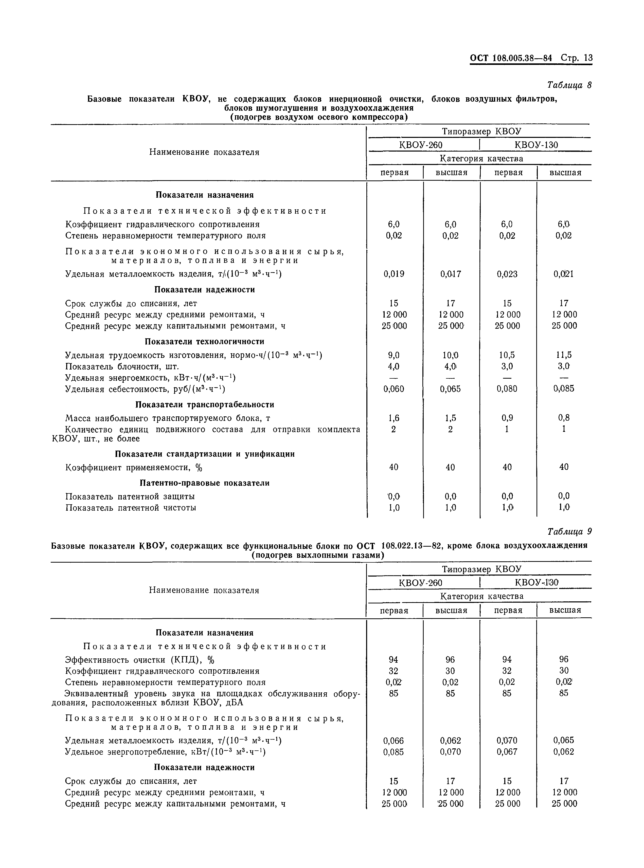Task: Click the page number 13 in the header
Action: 588,58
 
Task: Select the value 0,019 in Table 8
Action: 394,274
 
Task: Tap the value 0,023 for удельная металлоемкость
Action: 507,274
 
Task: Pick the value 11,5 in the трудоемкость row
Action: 564,355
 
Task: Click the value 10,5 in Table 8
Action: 507,355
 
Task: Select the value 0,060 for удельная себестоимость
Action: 394,389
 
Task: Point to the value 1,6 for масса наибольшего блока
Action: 394,418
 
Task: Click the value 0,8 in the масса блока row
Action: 564,418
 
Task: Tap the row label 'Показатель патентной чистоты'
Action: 131,508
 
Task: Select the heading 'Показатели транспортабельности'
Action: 205,404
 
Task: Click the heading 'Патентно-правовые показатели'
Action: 205,483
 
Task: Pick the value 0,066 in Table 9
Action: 394,741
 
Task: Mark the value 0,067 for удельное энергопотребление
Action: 507,752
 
